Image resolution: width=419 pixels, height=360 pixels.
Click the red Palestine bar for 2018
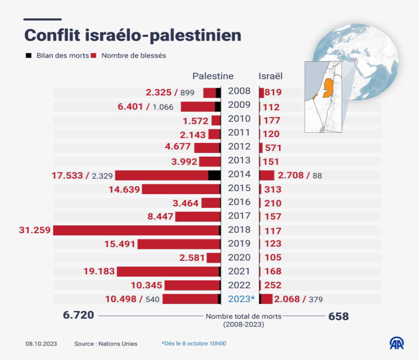[x=136, y=230]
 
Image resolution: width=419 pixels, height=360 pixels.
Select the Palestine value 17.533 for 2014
[x=68, y=175]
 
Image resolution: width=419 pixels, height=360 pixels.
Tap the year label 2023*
[x=241, y=299]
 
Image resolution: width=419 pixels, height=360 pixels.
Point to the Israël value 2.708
[x=291, y=175]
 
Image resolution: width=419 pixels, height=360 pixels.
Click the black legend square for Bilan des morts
[x=28, y=55]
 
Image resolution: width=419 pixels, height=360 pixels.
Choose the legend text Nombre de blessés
[x=133, y=55]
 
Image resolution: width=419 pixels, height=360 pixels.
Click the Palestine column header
[x=213, y=76]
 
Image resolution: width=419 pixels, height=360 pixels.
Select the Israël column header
[x=270, y=76]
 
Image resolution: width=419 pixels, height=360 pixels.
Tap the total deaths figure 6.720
[x=79, y=315]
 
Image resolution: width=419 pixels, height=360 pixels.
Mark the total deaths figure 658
[x=338, y=316]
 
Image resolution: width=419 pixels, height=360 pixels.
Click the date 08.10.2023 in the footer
[x=41, y=344]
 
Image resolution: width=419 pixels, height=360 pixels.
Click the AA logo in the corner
[x=396, y=343]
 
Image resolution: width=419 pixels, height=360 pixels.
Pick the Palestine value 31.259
[x=35, y=230]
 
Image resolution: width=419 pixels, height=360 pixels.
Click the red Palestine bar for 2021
[x=168, y=272]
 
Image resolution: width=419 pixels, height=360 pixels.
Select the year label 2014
[x=239, y=174]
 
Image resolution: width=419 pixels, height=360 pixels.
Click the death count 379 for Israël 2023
[x=315, y=299]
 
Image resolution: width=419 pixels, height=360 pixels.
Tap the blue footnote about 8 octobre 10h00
[x=194, y=344]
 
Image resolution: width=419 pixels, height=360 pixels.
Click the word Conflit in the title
[x=52, y=35]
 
